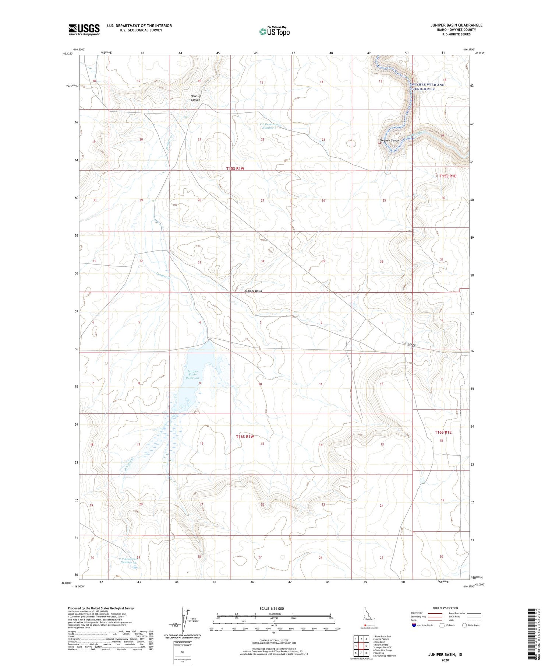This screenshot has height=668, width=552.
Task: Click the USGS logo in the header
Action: (84, 29)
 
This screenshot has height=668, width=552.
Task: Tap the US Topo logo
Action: (275, 32)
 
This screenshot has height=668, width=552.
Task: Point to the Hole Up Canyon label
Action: (196, 98)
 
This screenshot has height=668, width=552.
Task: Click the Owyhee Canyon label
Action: (390, 140)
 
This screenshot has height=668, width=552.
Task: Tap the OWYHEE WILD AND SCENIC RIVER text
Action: (427, 87)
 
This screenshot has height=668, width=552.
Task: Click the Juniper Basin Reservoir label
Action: (192, 375)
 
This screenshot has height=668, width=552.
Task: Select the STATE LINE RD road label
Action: (408, 344)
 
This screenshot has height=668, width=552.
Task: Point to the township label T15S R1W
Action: (235, 168)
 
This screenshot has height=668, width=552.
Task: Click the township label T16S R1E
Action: (443, 432)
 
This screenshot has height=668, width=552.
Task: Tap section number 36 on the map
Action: (382, 262)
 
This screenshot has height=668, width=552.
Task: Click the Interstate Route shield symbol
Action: (414, 625)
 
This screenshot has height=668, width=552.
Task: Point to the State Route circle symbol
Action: (465, 625)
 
